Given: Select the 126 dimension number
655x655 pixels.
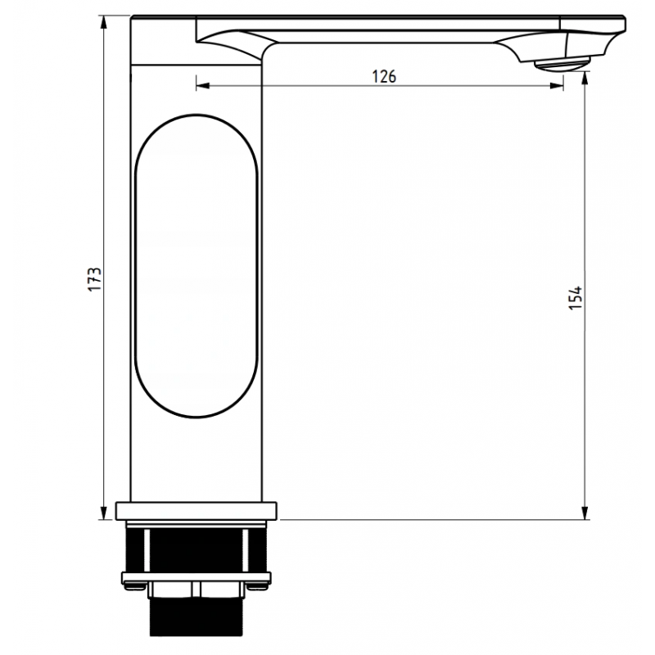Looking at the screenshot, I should point(384,76).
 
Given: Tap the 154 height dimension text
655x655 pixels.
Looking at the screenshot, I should point(576,296).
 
